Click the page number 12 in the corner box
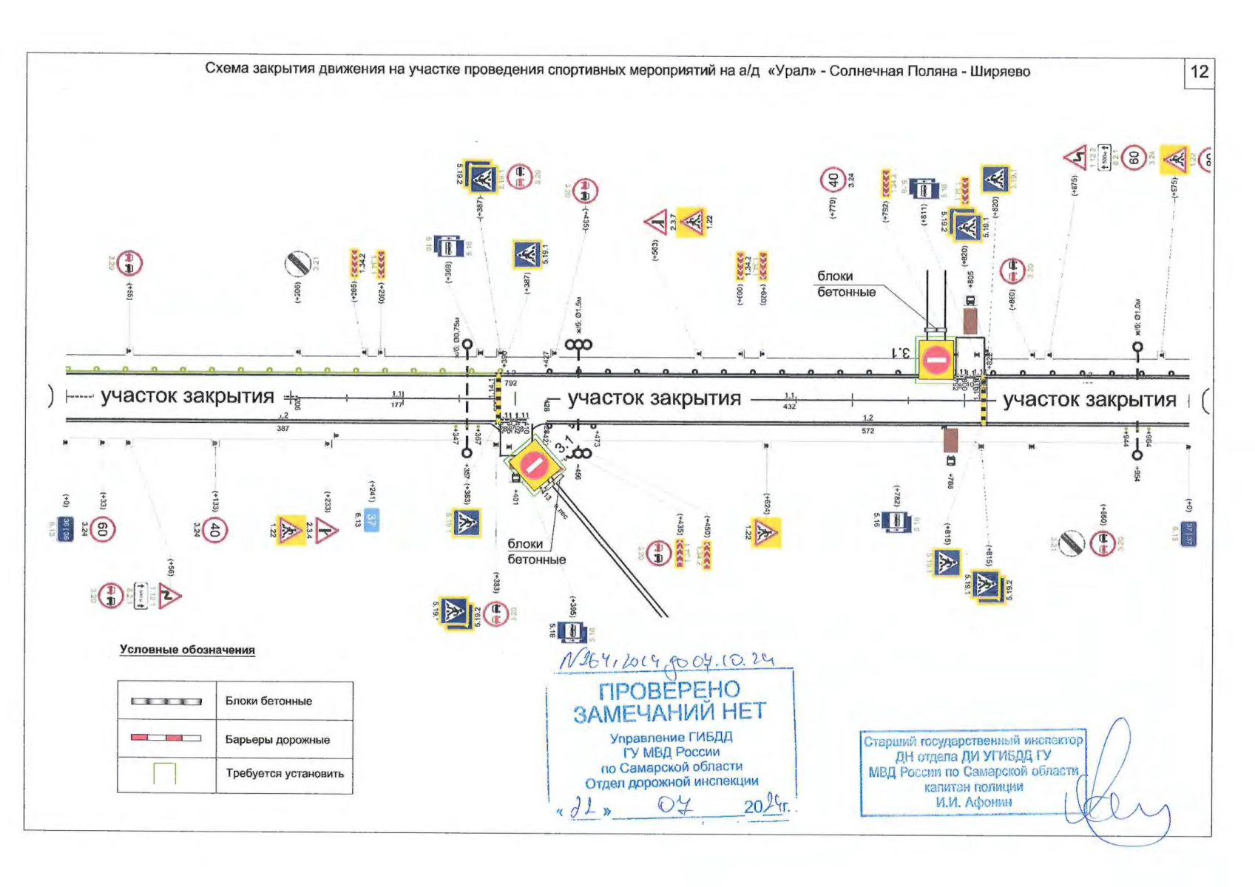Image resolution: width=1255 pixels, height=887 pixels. point(1199,72)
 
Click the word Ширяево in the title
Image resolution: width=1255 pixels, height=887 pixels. point(1000,72)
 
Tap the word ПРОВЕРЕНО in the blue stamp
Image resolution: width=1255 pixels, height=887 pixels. point(669,690)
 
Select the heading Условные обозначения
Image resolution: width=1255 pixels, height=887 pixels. point(187,650)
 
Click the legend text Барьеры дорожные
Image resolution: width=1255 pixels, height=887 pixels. point(277,739)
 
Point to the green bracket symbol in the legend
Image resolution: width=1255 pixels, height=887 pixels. point(165,773)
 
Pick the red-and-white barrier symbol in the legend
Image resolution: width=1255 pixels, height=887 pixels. point(166,738)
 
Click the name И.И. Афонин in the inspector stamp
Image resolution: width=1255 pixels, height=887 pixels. point(973,802)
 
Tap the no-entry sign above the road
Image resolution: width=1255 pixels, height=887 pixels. point(936,360)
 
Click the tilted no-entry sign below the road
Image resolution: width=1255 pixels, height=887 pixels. point(532,465)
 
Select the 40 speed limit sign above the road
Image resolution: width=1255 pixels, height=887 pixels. point(833,180)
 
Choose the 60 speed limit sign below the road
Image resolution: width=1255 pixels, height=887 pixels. point(103,529)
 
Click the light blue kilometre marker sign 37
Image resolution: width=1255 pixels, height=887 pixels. point(371,520)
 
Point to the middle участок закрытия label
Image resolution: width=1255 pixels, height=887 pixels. point(654,398)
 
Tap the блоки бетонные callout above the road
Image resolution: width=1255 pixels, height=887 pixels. point(846,284)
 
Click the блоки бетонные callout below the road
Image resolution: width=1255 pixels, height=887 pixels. point(536,551)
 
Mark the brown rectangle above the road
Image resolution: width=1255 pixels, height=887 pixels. point(970,321)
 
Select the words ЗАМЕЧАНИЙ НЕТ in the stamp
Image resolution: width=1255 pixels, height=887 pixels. point(669,713)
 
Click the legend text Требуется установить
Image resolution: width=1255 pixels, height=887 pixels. point(285,774)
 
